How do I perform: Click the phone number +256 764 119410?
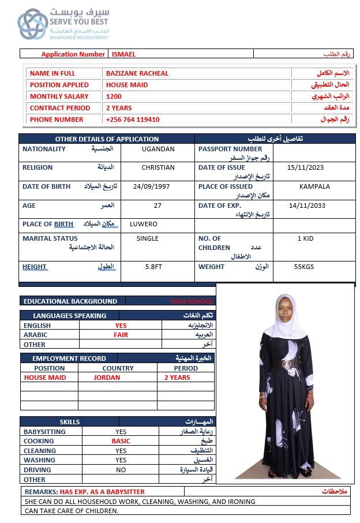pyautogui.click(x=133, y=119)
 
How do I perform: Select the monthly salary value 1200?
pyautogui.click(x=114, y=96)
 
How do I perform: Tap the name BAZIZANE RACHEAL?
pyautogui.click(x=137, y=73)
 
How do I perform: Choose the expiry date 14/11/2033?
pyautogui.click(x=307, y=206)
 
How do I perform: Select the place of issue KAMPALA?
pyautogui.click(x=314, y=186)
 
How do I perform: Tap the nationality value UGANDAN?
pyautogui.click(x=157, y=149)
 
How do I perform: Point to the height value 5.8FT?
pyautogui.click(x=155, y=267)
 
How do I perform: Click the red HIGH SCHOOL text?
pyautogui.click(x=192, y=301)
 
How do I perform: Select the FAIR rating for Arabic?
pyautogui.click(x=121, y=335)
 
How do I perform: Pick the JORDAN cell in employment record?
pyautogui.click(x=107, y=378)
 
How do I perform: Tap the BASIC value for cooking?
pyautogui.click(x=121, y=441)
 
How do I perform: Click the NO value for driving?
pyautogui.click(x=121, y=470)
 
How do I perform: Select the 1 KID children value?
pyautogui.click(x=305, y=238)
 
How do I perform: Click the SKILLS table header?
pyautogui.click(x=70, y=422)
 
